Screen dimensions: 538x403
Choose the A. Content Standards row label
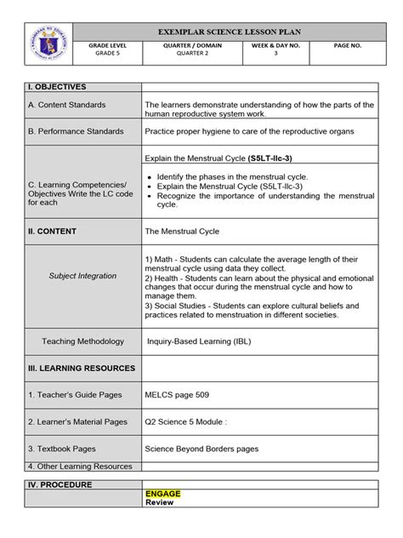click(x=66, y=105)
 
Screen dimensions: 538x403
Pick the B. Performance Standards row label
click(x=76, y=131)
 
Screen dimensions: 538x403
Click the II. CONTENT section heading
click(x=52, y=231)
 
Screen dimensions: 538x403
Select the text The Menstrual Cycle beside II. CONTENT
click(x=181, y=231)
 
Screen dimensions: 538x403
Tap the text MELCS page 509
click(x=178, y=394)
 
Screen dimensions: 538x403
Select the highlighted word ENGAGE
click(x=163, y=493)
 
